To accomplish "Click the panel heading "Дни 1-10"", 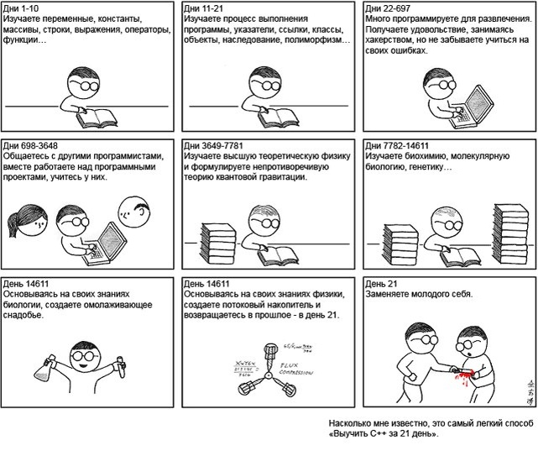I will click(x=22, y=8).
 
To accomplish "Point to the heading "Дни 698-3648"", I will click(x=32, y=144).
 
